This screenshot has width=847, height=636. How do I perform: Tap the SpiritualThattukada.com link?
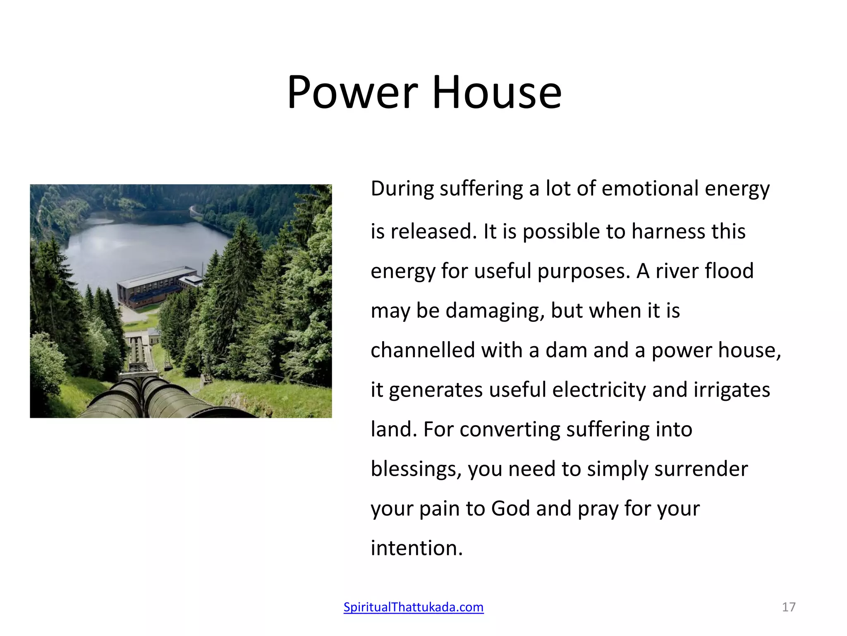414,607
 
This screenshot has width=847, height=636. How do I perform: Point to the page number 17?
789,607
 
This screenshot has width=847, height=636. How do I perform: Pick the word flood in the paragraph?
729,271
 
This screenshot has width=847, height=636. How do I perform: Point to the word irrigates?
732,390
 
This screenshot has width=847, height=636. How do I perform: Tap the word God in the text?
510,508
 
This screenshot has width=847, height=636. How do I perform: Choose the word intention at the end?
416,548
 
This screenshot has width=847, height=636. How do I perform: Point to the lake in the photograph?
136,244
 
